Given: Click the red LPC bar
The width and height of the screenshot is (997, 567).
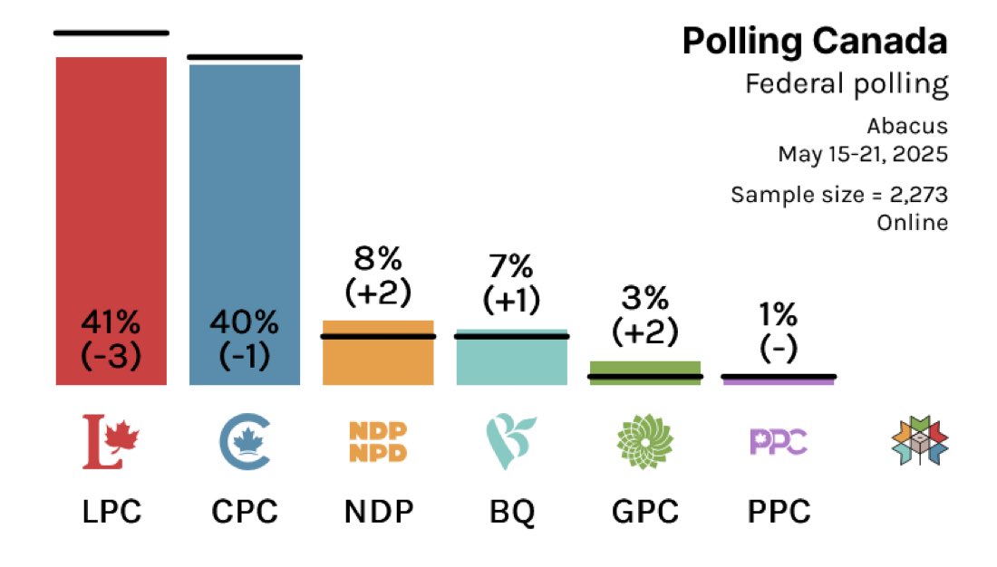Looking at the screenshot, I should pyautogui.click(x=111, y=181).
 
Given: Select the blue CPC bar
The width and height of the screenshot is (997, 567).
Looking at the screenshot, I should pyautogui.click(x=245, y=181).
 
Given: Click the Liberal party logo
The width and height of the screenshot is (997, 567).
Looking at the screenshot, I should pyautogui.click(x=107, y=441).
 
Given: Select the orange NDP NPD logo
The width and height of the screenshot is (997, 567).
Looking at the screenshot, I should pyautogui.click(x=378, y=441).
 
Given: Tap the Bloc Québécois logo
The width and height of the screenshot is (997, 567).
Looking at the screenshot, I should pyautogui.click(x=510, y=441).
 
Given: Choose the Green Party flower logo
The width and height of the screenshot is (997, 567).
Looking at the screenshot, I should pyautogui.click(x=644, y=441).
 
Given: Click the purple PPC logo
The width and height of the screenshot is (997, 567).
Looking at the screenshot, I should pyautogui.click(x=778, y=441).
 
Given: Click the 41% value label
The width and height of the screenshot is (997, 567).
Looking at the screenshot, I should pyautogui.click(x=111, y=322).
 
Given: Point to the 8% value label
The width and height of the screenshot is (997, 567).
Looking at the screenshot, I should pyautogui.click(x=378, y=260).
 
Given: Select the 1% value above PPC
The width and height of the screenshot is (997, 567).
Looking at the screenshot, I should pyautogui.click(x=778, y=314).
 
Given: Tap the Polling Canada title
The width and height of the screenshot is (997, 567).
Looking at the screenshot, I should pyautogui.click(x=815, y=42).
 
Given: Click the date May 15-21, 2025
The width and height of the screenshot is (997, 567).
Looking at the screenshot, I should pyautogui.click(x=863, y=154).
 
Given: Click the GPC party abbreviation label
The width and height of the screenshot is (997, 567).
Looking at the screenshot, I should pyautogui.click(x=644, y=513).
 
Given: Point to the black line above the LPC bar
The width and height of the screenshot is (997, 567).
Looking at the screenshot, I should pyautogui.click(x=111, y=33).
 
